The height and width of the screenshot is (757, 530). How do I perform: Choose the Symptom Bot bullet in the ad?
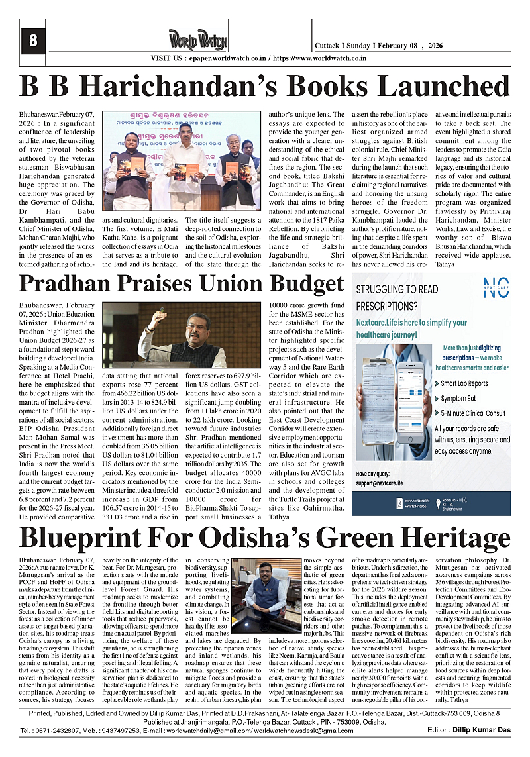[458, 399]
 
